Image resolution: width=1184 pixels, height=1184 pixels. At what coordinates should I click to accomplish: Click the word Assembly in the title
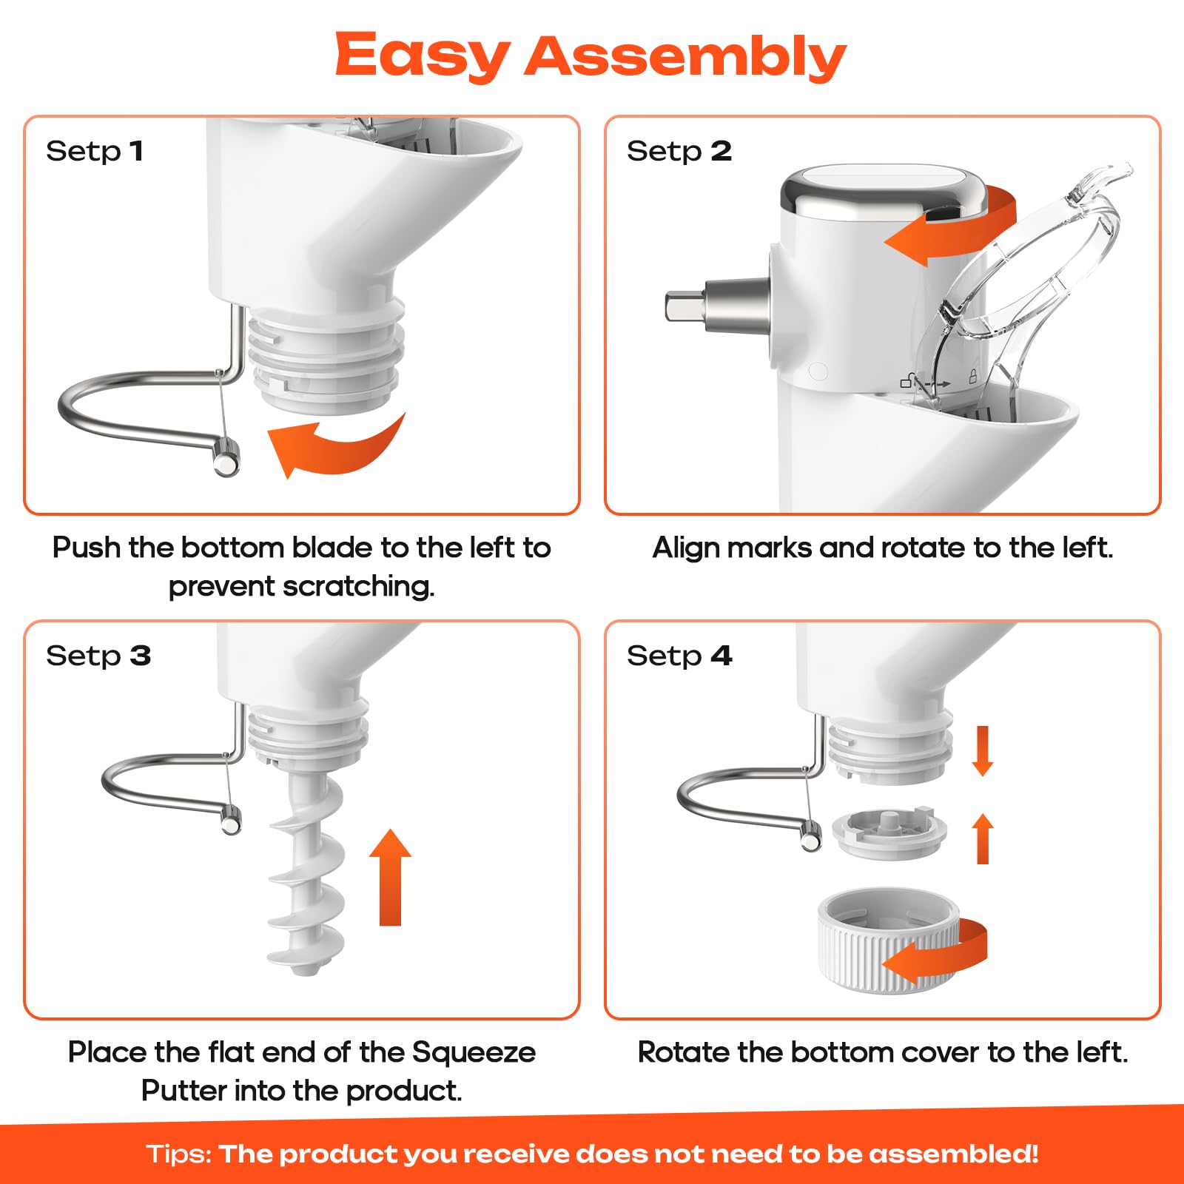pos(685,56)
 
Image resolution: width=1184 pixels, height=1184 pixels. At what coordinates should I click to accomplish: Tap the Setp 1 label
pos(94,151)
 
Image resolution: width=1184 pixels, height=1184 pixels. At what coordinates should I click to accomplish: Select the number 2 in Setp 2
pos(721,151)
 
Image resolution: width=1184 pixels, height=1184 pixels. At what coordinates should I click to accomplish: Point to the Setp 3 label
pos(98,656)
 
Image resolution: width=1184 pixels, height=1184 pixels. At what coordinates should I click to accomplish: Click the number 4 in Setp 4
pos(721,656)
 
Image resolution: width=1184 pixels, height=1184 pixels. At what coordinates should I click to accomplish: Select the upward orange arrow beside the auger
pos(390,877)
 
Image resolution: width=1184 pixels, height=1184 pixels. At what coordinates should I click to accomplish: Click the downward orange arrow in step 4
pos(983,750)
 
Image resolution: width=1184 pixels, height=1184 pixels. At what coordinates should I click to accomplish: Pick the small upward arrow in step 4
pos(983,838)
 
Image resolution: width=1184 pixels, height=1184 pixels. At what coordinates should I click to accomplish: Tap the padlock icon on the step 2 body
pos(973,376)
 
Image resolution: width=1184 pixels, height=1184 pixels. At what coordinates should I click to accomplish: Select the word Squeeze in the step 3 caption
pos(474,1053)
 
